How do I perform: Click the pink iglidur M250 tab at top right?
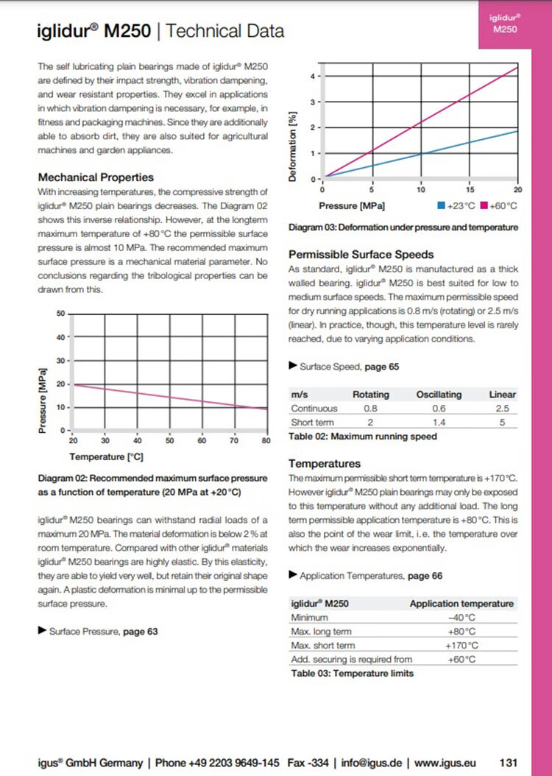[x=504, y=24]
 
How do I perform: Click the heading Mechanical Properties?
[x=96, y=177]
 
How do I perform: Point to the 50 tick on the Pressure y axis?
[x=60, y=314]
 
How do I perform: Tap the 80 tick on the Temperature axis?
[x=266, y=440]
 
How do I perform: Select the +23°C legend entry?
[x=456, y=205]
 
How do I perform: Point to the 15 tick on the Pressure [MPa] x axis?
[x=470, y=188]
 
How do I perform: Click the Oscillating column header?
[x=439, y=395]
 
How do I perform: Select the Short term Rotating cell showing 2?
[x=370, y=423]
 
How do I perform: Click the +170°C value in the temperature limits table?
[x=461, y=646]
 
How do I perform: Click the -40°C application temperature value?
[x=461, y=618]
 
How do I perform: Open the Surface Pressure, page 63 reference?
[x=103, y=631]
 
